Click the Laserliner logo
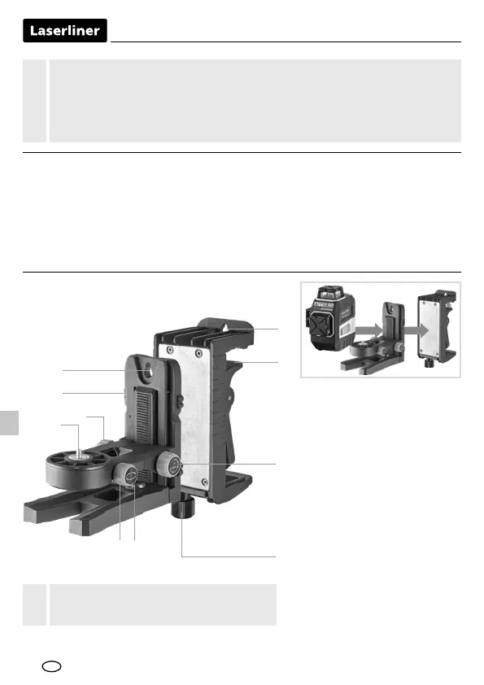click(x=64, y=31)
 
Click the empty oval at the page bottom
click(x=51, y=666)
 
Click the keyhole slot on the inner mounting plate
click(x=146, y=369)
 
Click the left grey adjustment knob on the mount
click(x=126, y=475)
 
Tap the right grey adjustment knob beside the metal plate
click(x=168, y=465)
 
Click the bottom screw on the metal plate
click(x=204, y=482)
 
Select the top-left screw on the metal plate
click(x=164, y=348)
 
